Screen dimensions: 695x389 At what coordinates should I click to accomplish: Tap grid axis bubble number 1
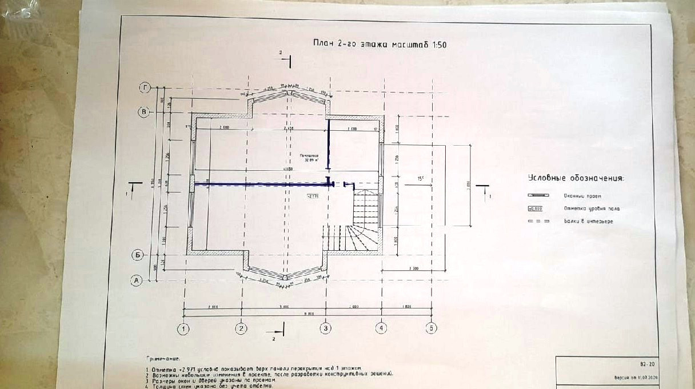(183, 328)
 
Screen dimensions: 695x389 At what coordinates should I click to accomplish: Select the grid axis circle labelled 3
(326, 328)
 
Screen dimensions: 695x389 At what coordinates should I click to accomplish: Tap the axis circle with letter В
(144, 112)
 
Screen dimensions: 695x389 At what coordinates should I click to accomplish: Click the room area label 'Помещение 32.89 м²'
(308, 158)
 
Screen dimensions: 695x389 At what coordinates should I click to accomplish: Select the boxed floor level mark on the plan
(313, 195)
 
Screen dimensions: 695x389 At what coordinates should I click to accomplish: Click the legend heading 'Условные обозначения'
(576, 178)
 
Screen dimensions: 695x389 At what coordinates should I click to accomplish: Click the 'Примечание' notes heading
(163, 359)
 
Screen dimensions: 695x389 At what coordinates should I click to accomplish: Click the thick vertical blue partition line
(327, 145)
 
